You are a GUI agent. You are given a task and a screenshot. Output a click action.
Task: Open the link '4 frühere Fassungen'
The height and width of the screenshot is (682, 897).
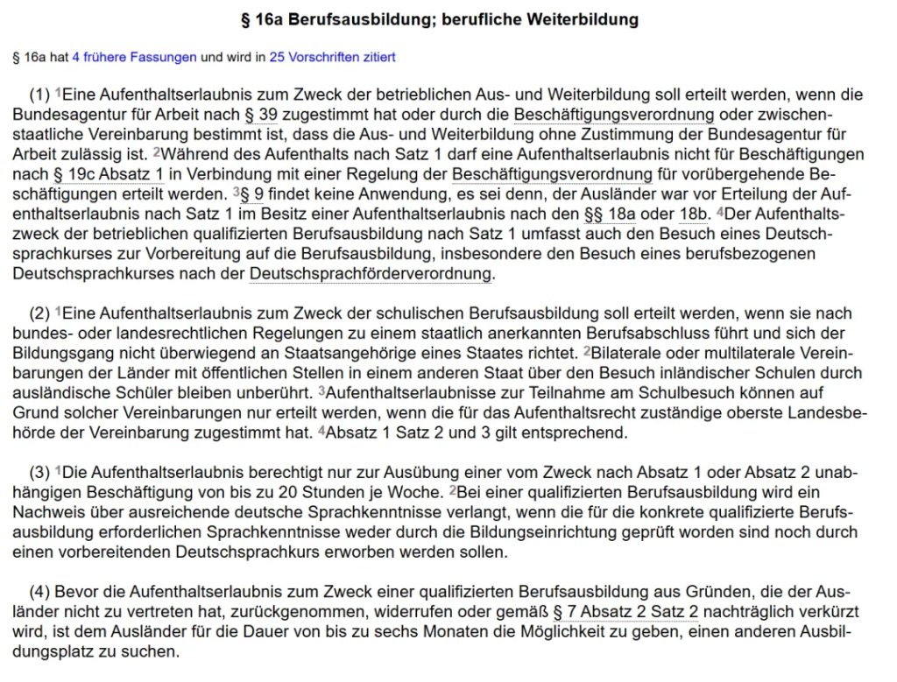(134, 57)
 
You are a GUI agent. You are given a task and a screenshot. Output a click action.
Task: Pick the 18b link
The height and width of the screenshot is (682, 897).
(695, 214)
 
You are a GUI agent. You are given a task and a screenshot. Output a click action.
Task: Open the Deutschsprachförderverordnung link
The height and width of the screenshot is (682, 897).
(370, 274)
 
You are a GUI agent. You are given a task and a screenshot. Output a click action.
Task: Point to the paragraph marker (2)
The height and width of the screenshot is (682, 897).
(39, 313)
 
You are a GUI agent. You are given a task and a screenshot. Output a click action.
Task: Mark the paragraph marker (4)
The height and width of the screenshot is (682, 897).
(39, 592)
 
